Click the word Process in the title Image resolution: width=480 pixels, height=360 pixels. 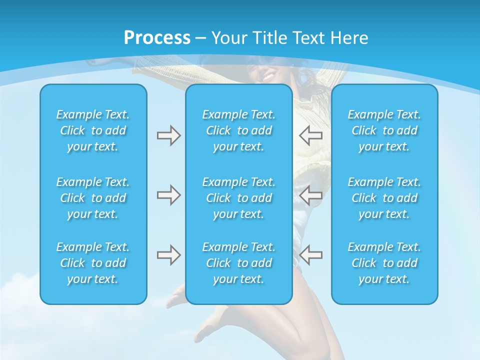coord(157,38)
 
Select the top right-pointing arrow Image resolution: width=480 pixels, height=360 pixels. coord(168,135)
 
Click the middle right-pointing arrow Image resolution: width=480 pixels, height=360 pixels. coord(168,195)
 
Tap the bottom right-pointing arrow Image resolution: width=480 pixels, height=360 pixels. coord(168,255)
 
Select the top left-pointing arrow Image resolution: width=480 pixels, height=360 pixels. coord(310,135)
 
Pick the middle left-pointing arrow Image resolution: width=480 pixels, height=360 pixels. coord(310,195)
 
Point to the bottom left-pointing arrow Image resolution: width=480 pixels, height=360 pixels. coord(310,255)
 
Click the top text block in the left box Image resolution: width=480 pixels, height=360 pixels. coord(93,130)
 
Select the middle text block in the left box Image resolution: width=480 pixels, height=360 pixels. coord(93,198)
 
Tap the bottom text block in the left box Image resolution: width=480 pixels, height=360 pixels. coord(93,263)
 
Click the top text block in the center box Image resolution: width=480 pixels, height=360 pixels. coord(238,130)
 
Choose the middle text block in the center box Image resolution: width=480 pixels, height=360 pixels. coord(238,198)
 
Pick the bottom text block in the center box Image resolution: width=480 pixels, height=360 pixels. coord(238,263)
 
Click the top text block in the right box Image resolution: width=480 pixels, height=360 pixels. coord(384,130)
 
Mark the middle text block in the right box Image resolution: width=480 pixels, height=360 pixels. coord(384,198)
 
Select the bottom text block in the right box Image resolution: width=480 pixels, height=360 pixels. coord(384,263)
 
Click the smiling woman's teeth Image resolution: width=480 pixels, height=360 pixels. coord(268,77)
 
